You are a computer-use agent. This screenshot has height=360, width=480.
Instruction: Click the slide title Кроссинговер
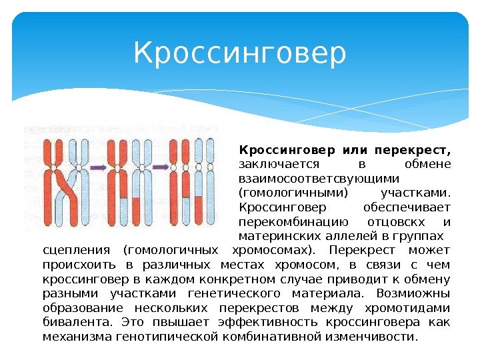coord(240,54)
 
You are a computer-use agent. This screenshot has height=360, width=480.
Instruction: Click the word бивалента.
coord(72,323)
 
